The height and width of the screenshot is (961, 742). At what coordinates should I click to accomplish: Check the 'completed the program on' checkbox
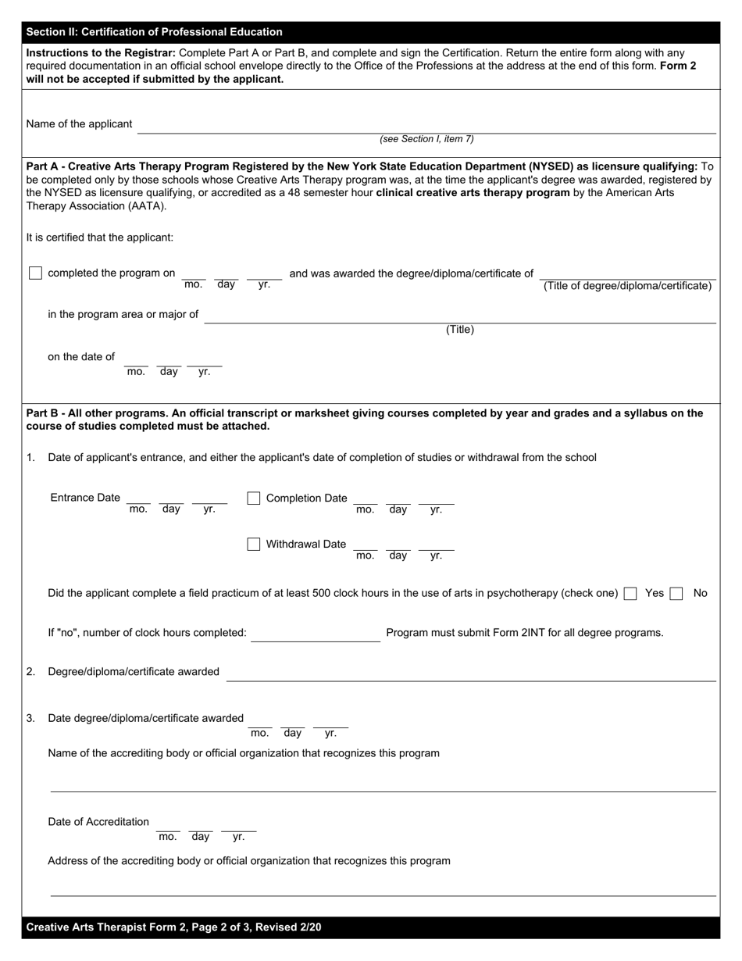[35, 273]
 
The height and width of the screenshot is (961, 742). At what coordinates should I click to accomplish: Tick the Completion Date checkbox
[253, 498]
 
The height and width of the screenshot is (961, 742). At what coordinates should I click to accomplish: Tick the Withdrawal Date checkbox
[253, 545]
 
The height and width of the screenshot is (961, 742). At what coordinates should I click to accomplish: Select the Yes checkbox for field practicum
[630, 594]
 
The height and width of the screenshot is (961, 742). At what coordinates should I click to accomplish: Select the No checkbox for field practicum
[676, 594]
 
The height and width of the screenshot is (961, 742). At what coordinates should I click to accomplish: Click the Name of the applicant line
[426, 127]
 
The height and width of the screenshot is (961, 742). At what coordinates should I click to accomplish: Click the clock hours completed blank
[316, 634]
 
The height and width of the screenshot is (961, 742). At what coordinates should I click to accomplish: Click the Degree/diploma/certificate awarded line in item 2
[470, 674]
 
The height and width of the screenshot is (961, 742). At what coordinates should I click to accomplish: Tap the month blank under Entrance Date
[138, 500]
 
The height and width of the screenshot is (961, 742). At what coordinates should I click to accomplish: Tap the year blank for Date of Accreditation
[238, 827]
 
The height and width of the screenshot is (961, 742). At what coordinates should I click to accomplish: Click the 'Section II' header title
[154, 32]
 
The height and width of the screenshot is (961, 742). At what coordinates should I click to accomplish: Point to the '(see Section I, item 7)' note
[426, 139]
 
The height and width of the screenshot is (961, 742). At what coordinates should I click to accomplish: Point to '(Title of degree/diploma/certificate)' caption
[627, 286]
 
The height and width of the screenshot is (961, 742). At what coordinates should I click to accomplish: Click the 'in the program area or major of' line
[459, 316]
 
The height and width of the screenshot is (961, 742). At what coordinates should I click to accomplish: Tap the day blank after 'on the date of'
[169, 362]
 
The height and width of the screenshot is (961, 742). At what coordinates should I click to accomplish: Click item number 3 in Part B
[30, 718]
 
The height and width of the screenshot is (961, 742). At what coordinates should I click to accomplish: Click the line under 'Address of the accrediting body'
[383, 890]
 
